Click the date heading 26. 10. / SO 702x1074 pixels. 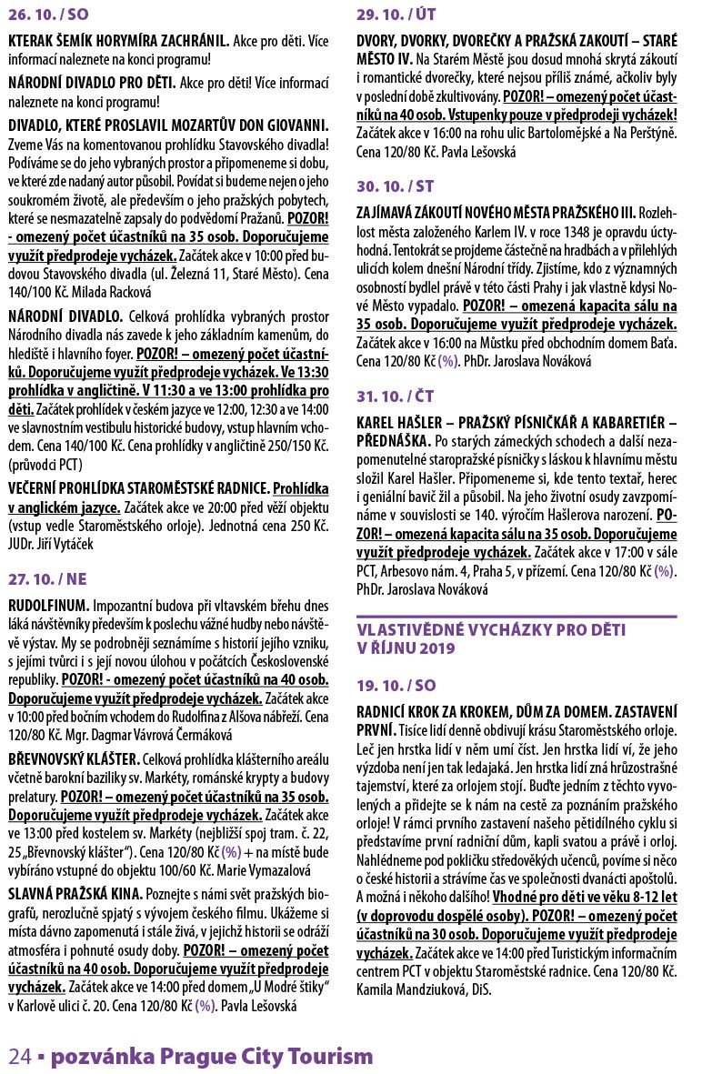tap(51, 16)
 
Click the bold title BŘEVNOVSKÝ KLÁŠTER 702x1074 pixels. tap(74, 758)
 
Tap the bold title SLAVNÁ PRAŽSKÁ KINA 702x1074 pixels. tap(75, 893)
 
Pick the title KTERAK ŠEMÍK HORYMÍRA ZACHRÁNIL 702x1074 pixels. tap(118, 42)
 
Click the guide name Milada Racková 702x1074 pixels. tap(113, 292)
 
